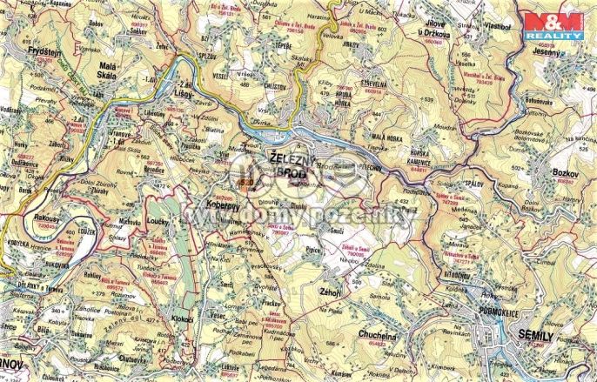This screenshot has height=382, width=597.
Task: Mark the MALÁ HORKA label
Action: pyautogui.click(x=387, y=137)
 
